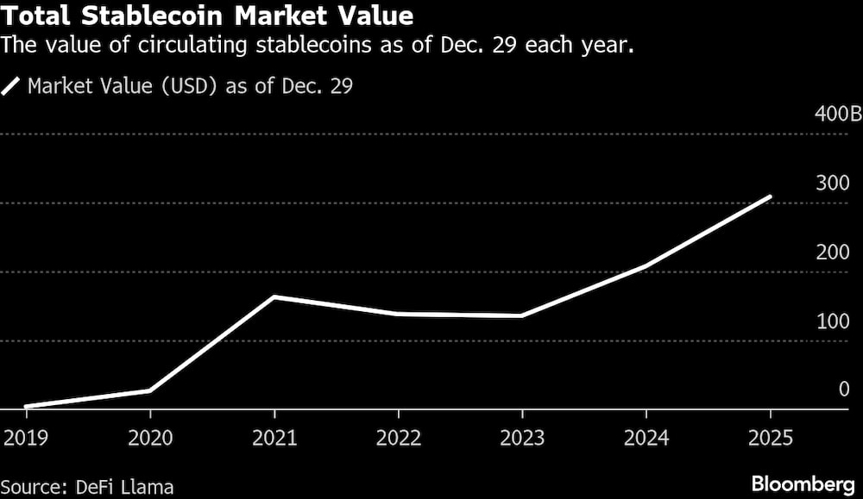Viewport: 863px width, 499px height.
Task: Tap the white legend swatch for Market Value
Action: click(12, 86)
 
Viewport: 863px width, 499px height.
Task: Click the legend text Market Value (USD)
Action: click(190, 86)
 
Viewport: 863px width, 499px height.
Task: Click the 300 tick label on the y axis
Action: click(833, 183)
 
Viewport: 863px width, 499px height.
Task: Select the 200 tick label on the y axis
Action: click(833, 252)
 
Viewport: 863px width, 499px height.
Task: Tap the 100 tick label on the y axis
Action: click(833, 321)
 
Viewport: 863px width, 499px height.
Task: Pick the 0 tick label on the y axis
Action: click(844, 390)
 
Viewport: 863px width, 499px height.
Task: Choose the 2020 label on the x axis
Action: click(150, 438)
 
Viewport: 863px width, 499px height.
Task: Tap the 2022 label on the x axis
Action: click(398, 438)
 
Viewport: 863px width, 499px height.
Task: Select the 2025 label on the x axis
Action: click(770, 438)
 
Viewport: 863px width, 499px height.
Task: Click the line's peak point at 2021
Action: click(274, 297)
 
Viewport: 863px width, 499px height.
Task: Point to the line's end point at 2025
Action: click(770, 197)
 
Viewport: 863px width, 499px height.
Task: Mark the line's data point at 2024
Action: click(646, 266)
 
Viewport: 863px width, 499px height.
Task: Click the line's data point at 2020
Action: click(150, 390)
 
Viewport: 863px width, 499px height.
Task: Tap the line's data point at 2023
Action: click(521, 315)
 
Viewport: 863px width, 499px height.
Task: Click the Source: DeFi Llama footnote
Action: click(87, 486)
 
